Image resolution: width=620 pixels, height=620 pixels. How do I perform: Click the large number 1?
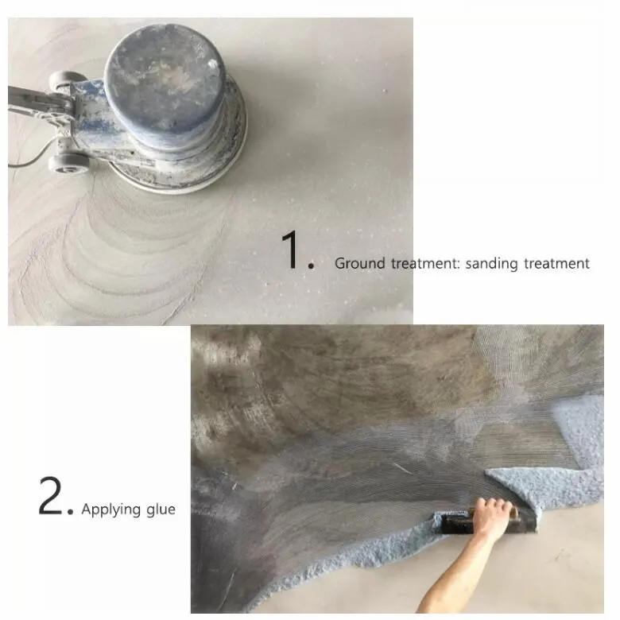click(x=292, y=250)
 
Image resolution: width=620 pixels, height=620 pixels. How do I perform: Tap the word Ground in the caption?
click(x=360, y=263)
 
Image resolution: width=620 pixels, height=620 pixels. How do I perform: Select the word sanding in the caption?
click(x=491, y=264)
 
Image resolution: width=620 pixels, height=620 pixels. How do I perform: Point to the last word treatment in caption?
click(x=556, y=263)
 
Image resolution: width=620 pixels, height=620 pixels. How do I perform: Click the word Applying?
click(x=111, y=510)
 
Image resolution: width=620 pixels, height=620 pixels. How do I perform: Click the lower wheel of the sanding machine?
click(x=68, y=164)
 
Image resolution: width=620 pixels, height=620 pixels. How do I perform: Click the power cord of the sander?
click(x=32, y=156)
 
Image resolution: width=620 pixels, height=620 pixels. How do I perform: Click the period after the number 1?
click(x=311, y=266)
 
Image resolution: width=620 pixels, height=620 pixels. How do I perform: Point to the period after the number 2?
click(x=71, y=512)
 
